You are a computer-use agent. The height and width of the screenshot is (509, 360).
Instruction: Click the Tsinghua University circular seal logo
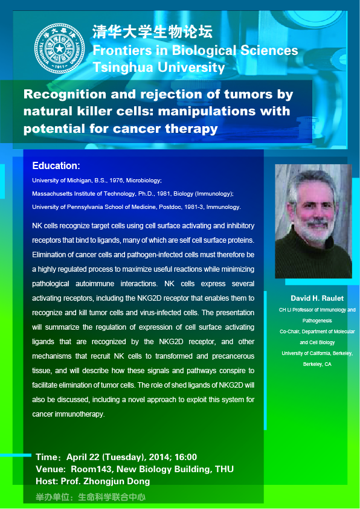(x=59, y=48)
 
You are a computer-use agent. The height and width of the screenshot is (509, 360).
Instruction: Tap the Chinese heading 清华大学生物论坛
(x=153, y=32)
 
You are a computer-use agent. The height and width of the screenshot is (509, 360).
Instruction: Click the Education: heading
(x=56, y=166)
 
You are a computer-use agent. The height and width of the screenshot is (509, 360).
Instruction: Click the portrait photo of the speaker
(x=313, y=221)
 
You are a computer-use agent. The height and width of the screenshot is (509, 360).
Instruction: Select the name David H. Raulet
(x=317, y=298)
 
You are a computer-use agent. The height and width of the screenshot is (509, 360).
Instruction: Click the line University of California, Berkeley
(x=317, y=353)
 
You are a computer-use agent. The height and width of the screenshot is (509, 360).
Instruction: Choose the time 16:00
(x=185, y=457)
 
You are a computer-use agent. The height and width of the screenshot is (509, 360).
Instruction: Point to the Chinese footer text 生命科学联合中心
(x=112, y=497)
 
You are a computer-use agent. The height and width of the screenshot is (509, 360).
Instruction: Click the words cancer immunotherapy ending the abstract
(x=68, y=414)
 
